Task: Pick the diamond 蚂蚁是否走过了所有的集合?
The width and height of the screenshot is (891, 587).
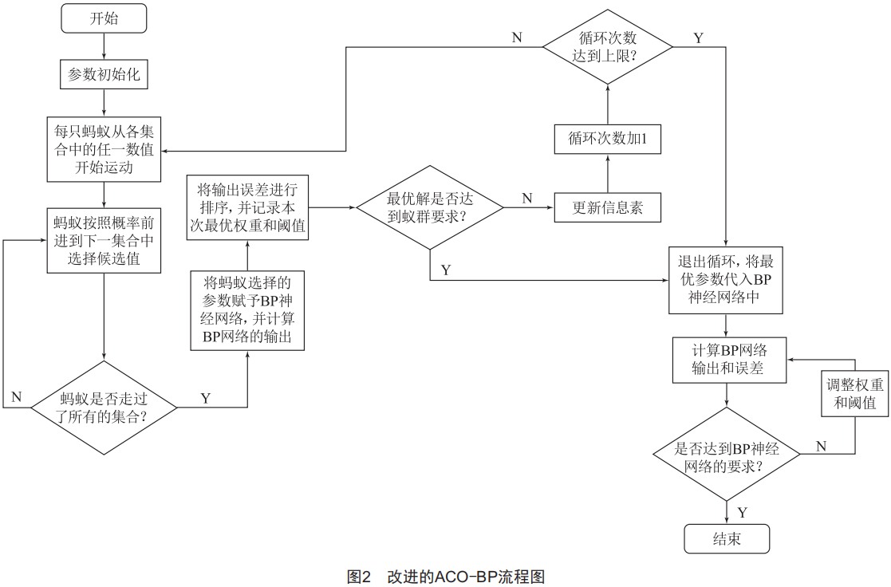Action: point(104,408)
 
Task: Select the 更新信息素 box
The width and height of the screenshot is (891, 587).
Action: point(607,208)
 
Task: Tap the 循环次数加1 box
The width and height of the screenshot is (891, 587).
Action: point(607,139)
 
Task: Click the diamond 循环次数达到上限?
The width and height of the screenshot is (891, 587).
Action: point(607,47)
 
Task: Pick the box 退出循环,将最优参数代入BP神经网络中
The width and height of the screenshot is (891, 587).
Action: point(725,281)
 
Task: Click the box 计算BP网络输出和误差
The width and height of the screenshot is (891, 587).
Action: point(725,360)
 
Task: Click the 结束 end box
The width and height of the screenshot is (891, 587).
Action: point(727,538)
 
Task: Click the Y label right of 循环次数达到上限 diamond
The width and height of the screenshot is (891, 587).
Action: point(699,37)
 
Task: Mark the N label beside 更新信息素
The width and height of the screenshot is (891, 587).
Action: point(527,198)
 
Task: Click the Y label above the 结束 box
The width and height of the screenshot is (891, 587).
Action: point(742,511)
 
